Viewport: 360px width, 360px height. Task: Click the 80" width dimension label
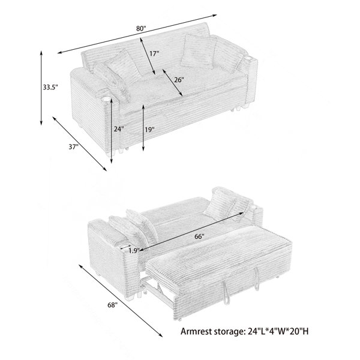point(141,29)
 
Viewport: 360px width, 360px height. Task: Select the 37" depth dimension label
point(73,147)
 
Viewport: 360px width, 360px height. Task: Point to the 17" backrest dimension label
point(154,54)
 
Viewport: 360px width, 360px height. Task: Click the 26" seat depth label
point(179,80)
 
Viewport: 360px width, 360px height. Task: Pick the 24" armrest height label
point(119,129)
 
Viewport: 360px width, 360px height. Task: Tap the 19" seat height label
point(149,130)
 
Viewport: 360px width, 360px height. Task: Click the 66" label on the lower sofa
point(199,236)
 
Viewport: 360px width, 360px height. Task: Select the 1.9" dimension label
point(134,251)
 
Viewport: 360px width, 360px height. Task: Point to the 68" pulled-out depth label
point(113,305)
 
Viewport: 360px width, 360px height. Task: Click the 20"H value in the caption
point(300,331)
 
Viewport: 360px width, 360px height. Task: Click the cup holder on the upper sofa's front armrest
point(106,99)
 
